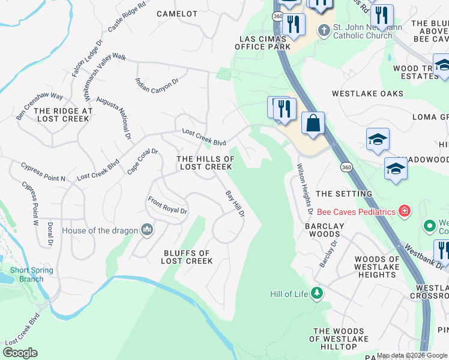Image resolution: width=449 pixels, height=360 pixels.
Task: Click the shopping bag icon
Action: pos(313,124)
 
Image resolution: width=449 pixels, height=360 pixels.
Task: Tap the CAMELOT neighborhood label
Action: pos(177,13)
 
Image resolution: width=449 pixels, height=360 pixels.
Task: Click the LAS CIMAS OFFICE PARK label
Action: pos(262,42)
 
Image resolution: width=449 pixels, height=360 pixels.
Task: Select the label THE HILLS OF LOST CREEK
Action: pos(205,163)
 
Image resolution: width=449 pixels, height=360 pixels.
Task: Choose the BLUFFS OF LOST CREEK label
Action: pos(187,257)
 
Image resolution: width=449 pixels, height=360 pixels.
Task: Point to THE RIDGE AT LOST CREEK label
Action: pos(63,115)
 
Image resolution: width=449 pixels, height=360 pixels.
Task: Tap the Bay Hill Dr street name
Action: pos(235,204)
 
